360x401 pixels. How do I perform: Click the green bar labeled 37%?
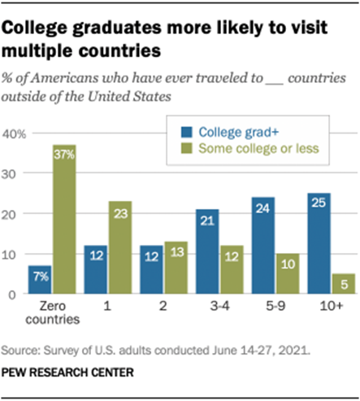pyautogui.click(x=65, y=220)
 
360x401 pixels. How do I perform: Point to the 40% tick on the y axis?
pyautogui.click(x=15, y=133)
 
